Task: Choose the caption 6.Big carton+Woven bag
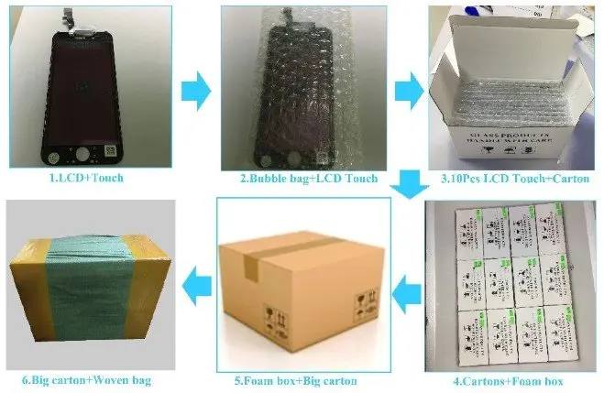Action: (86, 378)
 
